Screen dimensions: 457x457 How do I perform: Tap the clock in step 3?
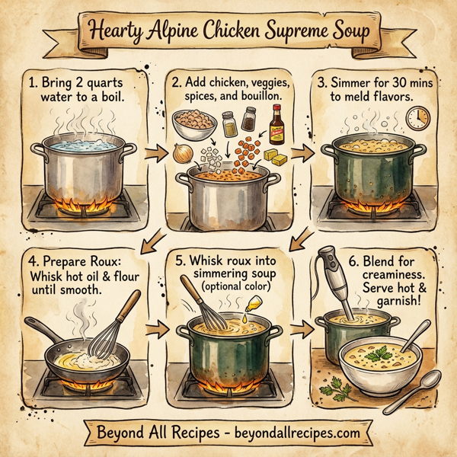point(417,117)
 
